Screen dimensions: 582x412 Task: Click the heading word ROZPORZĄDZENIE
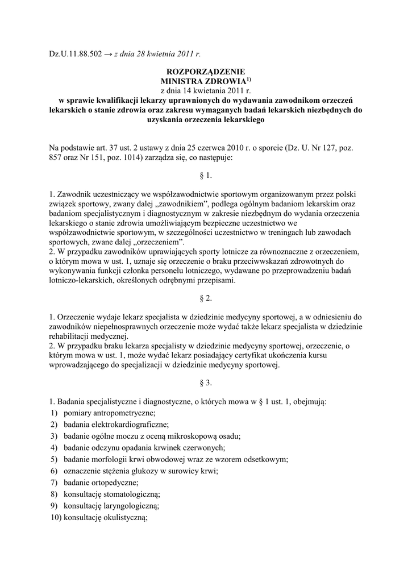[x=205, y=72]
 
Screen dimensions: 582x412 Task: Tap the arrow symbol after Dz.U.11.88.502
[x=108, y=54]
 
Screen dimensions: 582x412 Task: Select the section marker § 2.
[x=206, y=298]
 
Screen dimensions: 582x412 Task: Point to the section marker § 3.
[x=206, y=383]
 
